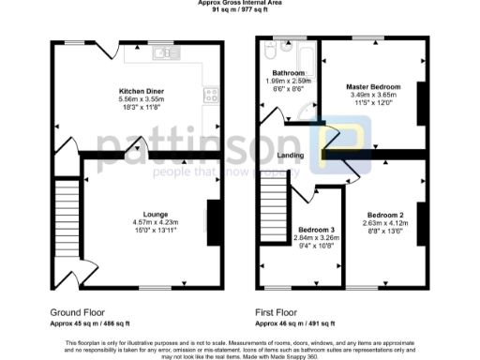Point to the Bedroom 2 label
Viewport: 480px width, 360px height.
386,215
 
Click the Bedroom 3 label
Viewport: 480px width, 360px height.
315,230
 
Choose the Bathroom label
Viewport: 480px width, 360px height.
288,73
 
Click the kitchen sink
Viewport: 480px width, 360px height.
167,52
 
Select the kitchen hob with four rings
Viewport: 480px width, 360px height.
210,94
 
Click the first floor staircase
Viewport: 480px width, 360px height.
272,212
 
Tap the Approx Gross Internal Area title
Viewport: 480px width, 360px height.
240,3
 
